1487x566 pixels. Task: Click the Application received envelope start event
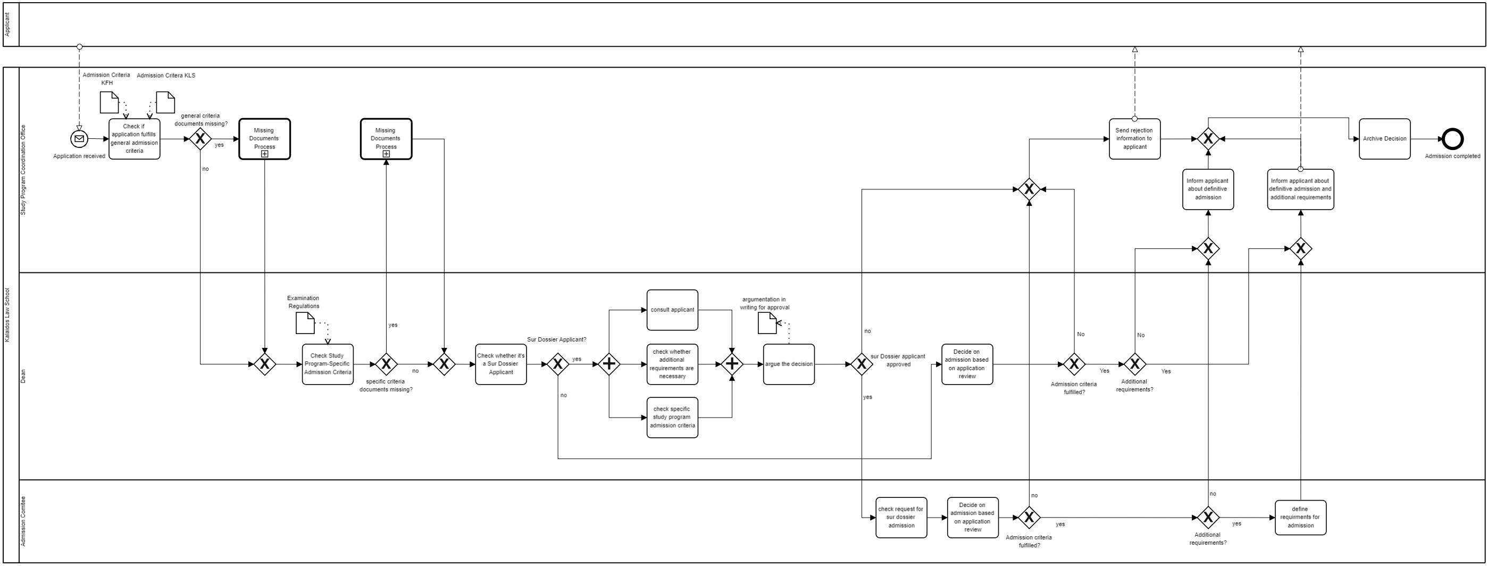tap(79, 139)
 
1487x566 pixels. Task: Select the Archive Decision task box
tap(1384, 139)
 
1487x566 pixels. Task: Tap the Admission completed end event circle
tap(1452, 139)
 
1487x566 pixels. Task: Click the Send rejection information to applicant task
tap(1134, 139)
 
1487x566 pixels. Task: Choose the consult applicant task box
tap(672, 310)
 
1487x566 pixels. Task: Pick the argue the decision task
tap(789, 364)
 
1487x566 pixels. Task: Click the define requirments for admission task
tap(1300, 518)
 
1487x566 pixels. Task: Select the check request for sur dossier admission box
tap(900, 518)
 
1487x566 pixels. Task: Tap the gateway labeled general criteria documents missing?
tap(201, 139)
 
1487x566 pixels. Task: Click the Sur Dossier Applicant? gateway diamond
tap(557, 364)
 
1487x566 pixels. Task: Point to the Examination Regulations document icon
tap(305, 323)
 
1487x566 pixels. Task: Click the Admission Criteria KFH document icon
tap(109, 102)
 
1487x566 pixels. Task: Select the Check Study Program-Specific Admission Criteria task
tap(327, 364)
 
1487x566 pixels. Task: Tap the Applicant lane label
tap(7, 24)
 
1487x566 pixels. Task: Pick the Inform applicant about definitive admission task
tap(1208, 189)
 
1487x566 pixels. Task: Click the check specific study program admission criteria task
tap(672, 418)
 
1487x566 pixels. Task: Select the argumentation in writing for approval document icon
tap(766, 323)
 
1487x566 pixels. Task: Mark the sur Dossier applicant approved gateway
tap(861, 364)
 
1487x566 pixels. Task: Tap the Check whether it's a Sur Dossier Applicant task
tap(500, 364)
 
